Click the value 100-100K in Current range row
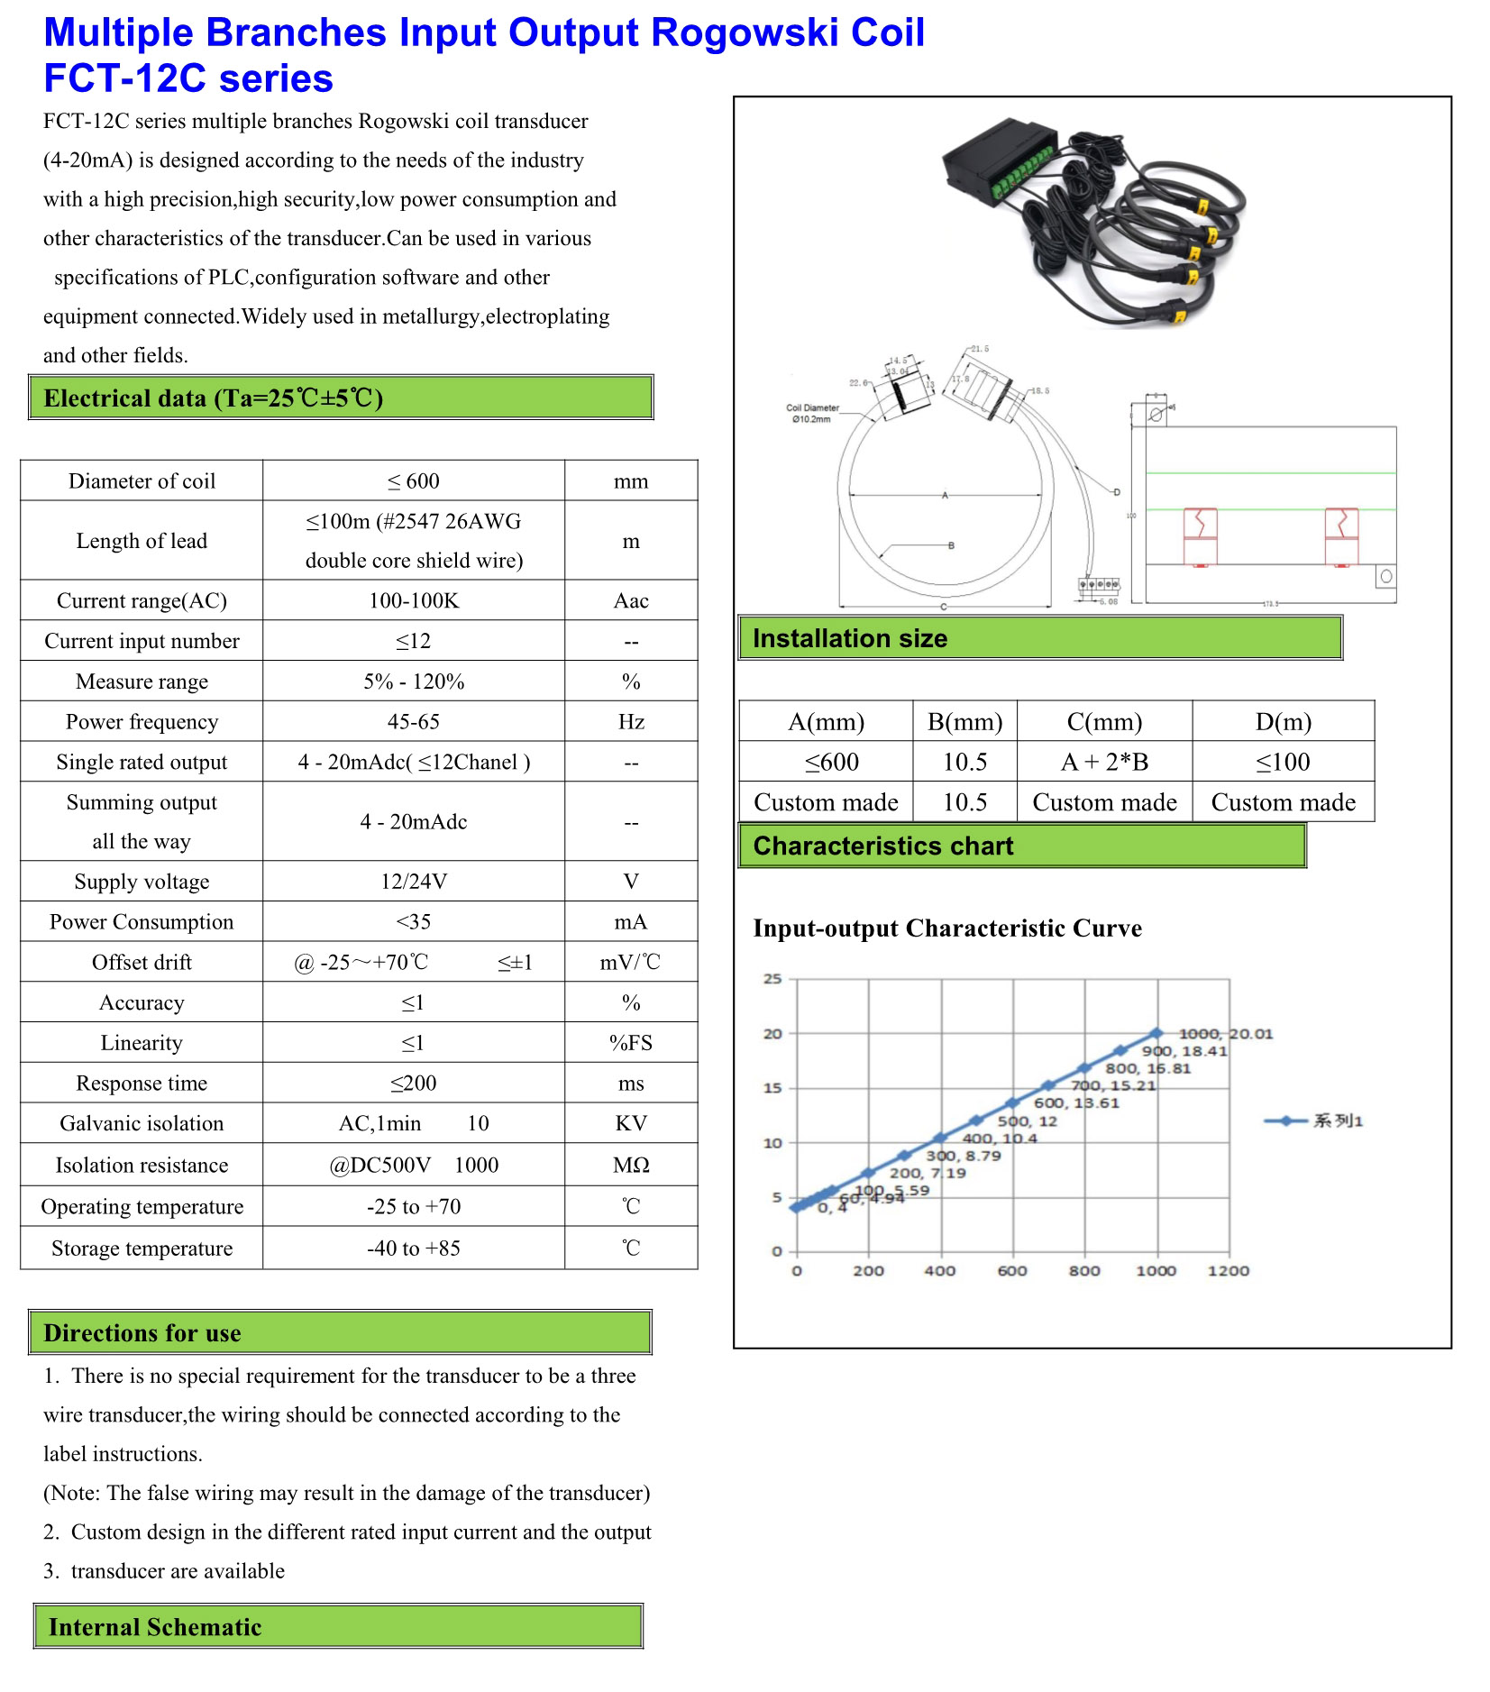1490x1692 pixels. pos(414,600)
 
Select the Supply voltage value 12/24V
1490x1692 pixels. pos(414,882)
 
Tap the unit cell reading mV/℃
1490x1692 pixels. pos(630,963)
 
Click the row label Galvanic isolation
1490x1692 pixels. pos(142,1123)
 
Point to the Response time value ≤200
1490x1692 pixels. pos(414,1084)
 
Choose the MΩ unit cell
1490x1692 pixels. pos(630,1166)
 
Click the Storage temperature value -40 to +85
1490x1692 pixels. pos(414,1248)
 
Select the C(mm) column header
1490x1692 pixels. pos(1104,722)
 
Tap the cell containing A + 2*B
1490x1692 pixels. pos(1104,763)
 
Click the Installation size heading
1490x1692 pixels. pos(850,639)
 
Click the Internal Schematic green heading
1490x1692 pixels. pos(155,1627)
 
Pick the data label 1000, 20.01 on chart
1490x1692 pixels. pos(1225,1034)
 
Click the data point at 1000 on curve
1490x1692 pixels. pos(1156,1033)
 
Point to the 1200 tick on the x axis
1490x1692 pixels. pos(1228,1271)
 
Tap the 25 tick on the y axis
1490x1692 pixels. pos(772,979)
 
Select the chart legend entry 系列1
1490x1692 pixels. pos(1337,1121)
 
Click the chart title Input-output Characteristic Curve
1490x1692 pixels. pos(946,928)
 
